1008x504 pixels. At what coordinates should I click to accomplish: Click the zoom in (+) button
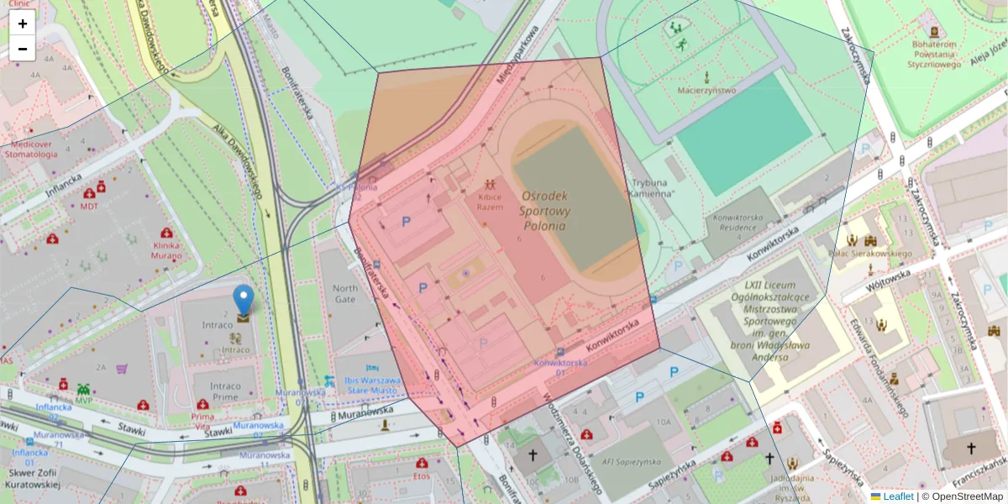pyautogui.click(x=23, y=24)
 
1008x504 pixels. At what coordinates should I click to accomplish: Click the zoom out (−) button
pyautogui.click(x=23, y=49)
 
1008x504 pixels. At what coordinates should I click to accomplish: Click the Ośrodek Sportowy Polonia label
pyautogui.click(x=546, y=209)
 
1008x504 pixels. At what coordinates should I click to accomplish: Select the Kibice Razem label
pyautogui.click(x=490, y=202)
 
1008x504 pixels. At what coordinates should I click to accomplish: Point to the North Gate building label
pyautogui.click(x=345, y=293)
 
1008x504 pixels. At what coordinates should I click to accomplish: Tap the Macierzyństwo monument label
pyautogui.click(x=707, y=90)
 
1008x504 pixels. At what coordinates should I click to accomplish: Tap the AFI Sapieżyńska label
pyautogui.click(x=632, y=461)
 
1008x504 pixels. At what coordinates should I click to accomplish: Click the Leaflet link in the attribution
pyautogui.click(x=898, y=496)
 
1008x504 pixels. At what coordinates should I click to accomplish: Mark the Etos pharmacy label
pyautogui.click(x=421, y=475)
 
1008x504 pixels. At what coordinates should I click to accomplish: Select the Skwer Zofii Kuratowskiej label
pyautogui.click(x=31, y=478)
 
